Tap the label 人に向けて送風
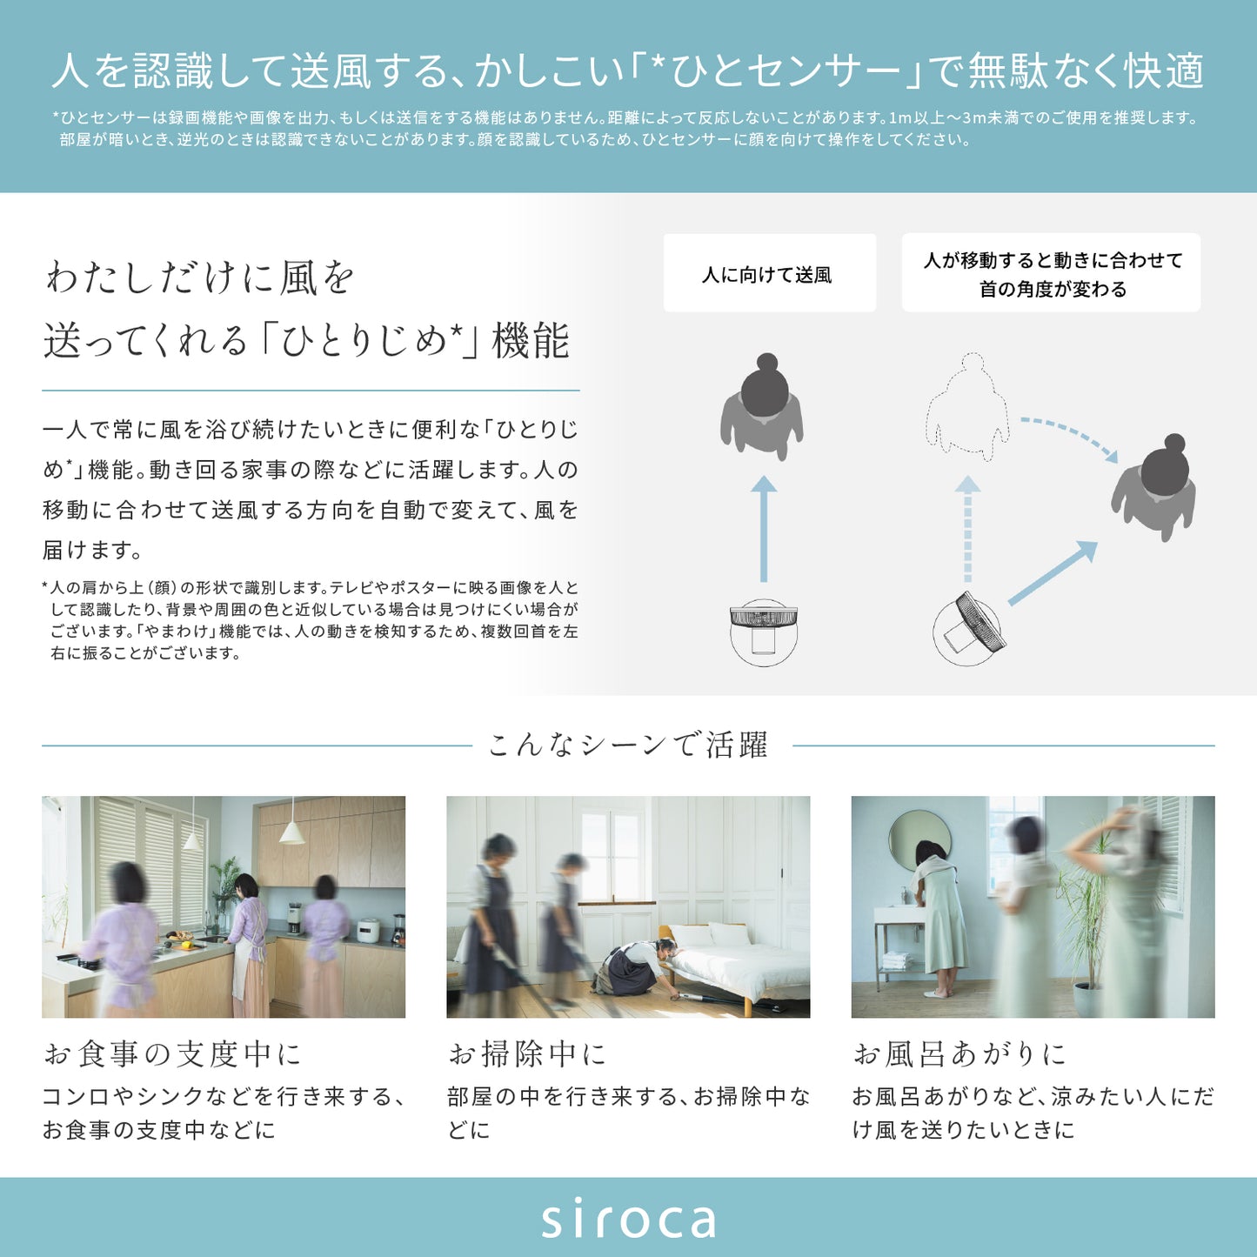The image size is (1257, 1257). (x=768, y=275)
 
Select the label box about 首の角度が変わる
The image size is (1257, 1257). (x=1052, y=273)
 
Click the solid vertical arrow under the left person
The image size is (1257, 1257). (x=763, y=528)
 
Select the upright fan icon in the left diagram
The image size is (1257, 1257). (x=763, y=632)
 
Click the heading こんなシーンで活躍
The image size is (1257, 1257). (x=628, y=746)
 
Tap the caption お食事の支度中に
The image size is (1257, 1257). (x=172, y=1054)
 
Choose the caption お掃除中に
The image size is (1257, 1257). (x=526, y=1054)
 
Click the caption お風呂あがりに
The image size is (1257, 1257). (x=959, y=1054)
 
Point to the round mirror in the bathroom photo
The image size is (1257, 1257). (x=919, y=839)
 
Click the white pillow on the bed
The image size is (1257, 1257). (x=729, y=934)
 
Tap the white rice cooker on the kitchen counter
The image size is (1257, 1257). (x=367, y=930)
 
